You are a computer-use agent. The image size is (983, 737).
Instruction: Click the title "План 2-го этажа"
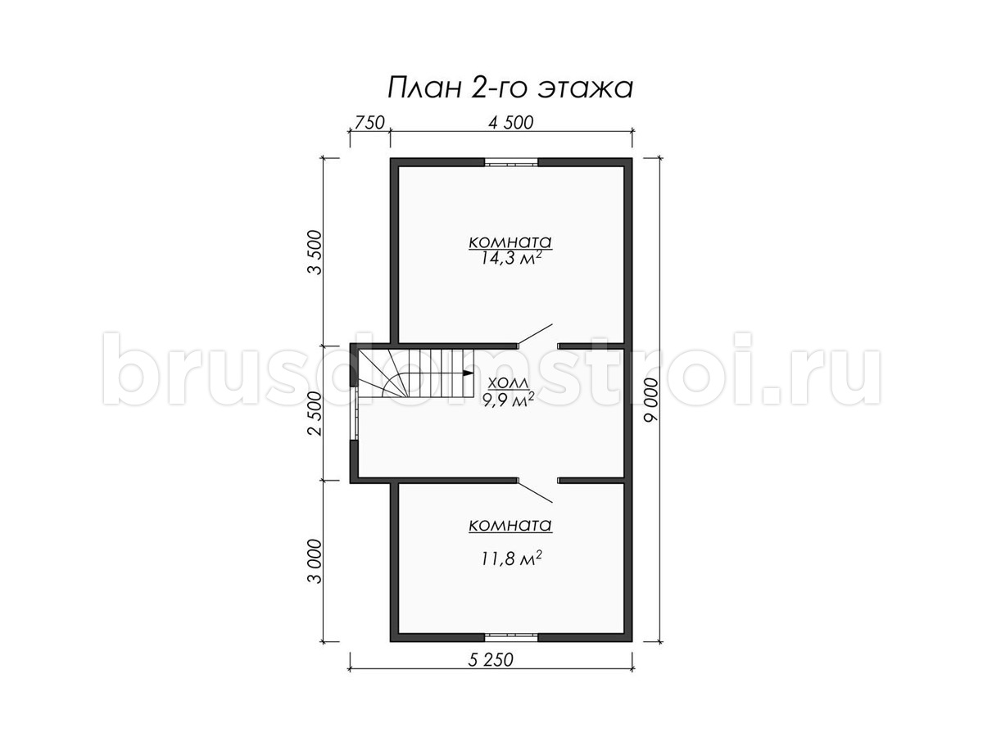pyautogui.click(x=510, y=88)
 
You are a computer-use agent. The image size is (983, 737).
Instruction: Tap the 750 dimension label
pyautogui.click(x=369, y=123)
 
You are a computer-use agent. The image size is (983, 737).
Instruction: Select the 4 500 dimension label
pyautogui.click(x=511, y=123)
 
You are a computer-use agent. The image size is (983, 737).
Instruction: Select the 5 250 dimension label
pyautogui.click(x=491, y=660)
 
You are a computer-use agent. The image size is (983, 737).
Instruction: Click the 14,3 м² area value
pyautogui.click(x=510, y=258)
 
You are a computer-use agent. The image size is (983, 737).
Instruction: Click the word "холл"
pyautogui.click(x=509, y=382)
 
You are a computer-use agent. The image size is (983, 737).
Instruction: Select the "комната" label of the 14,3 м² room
pyautogui.click(x=510, y=242)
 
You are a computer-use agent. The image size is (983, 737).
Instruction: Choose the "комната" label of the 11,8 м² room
pyautogui.click(x=510, y=526)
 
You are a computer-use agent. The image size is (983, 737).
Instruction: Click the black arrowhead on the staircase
pyautogui.click(x=469, y=373)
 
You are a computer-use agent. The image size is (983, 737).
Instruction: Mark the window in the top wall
pyautogui.click(x=511, y=162)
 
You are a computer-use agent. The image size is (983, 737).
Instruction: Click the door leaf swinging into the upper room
pyautogui.click(x=536, y=335)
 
